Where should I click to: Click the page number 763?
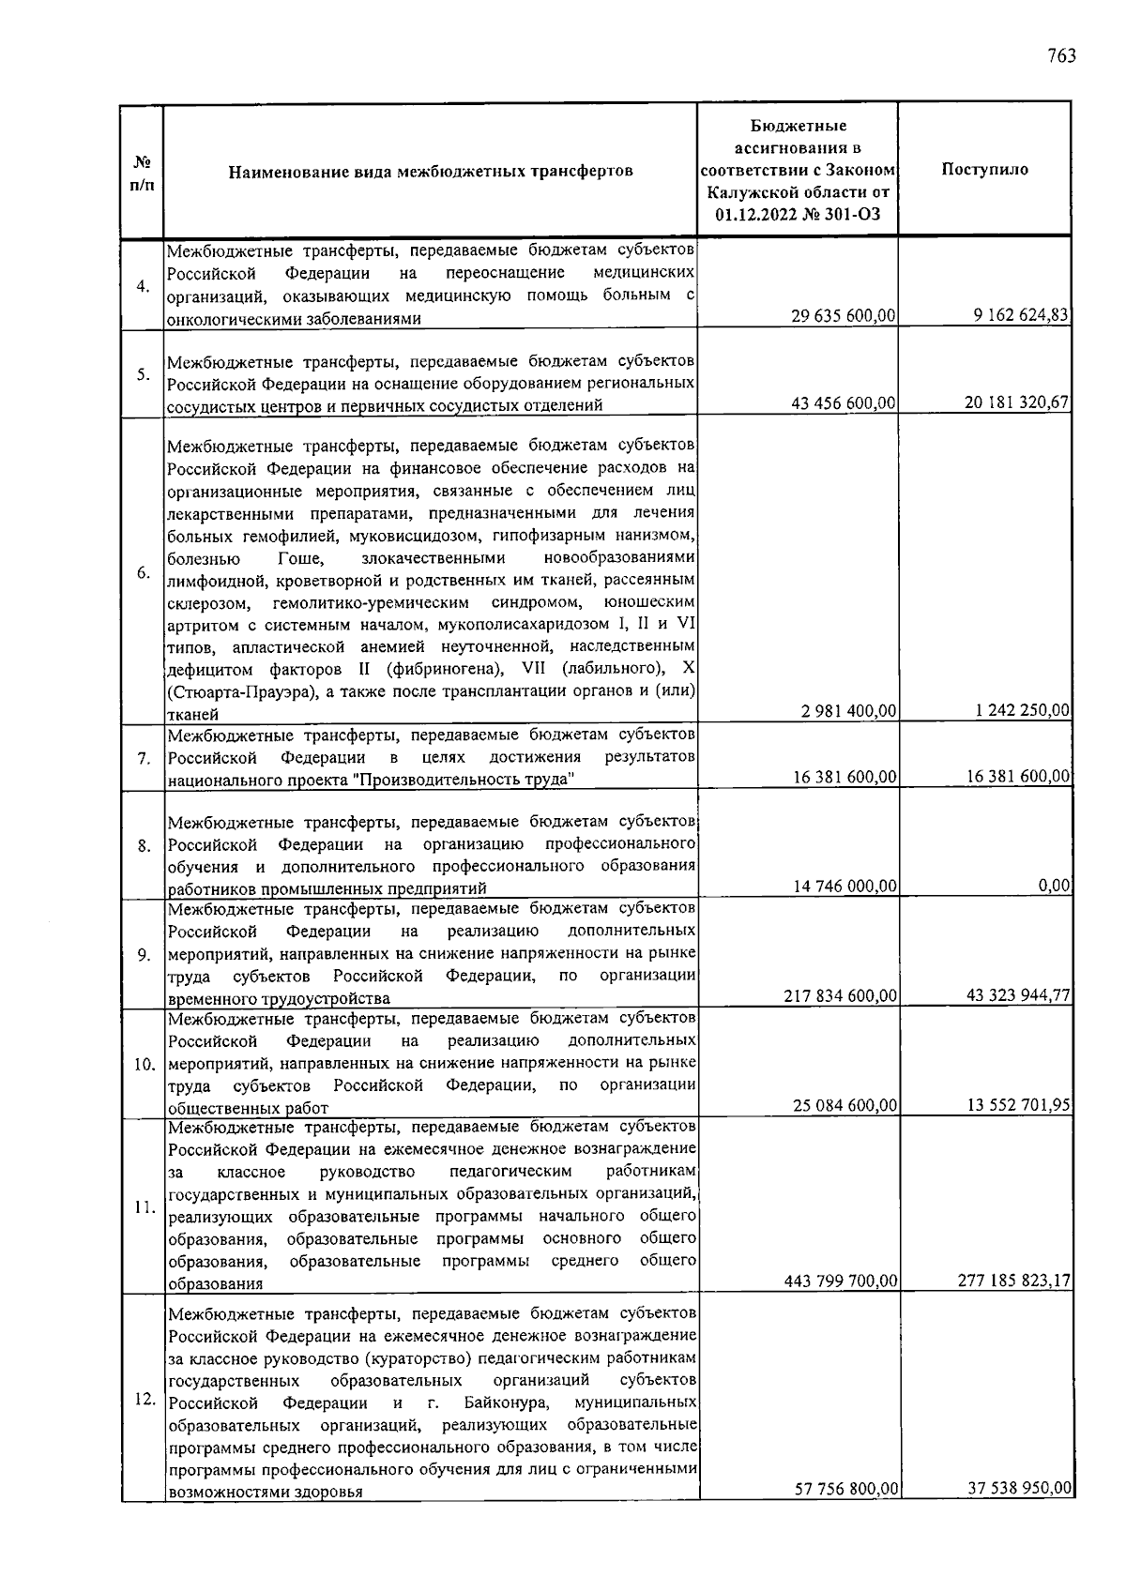point(1060,55)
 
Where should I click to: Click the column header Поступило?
point(984,170)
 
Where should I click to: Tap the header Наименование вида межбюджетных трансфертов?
point(431,172)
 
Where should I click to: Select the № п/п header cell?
point(142,172)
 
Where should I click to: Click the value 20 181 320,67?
point(1017,402)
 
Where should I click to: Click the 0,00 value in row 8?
point(1055,885)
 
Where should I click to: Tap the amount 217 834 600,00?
point(841,995)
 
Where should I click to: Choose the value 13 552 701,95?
point(1018,1105)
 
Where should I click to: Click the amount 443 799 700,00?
point(841,1281)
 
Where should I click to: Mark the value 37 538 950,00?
point(1018,1488)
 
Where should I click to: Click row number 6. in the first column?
point(144,573)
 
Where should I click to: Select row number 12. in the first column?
point(144,1399)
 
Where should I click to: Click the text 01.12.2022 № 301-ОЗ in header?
point(798,215)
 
